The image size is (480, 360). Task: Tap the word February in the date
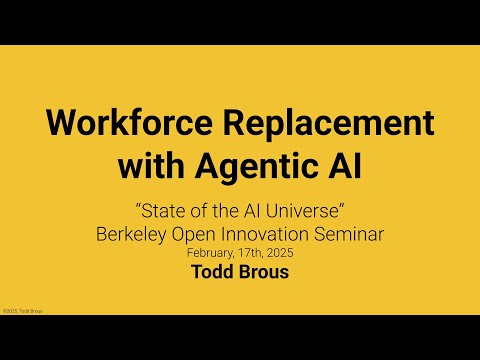[200, 252]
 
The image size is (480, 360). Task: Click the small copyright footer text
[22, 311]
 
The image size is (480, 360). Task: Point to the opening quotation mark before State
[137, 211]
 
